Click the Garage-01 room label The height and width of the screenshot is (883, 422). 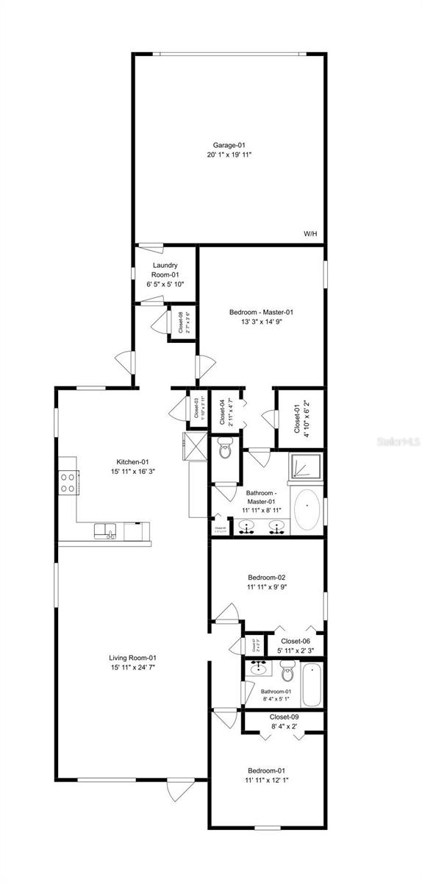[228, 145]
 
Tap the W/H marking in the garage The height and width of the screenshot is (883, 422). [310, 234]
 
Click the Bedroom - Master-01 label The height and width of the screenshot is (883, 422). [261, 311]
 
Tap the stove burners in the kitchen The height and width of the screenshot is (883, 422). [68, 483]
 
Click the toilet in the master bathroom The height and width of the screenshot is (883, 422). [225, 448]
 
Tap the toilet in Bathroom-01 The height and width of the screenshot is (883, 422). [287, 672]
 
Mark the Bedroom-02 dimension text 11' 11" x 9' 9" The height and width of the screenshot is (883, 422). [267, 588]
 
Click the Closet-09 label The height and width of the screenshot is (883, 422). [283, 716]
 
